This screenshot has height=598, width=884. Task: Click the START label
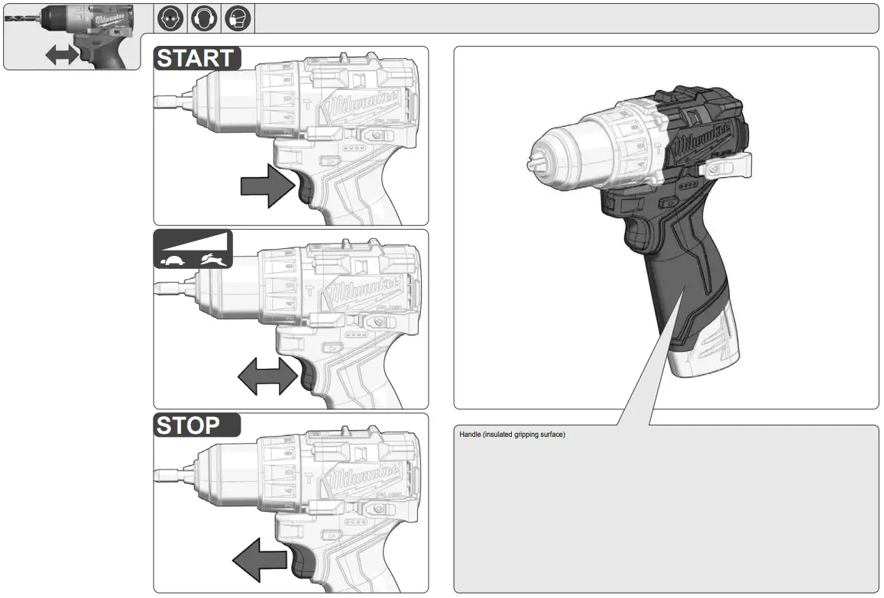point(197,58)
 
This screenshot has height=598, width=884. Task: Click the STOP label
point(189,425)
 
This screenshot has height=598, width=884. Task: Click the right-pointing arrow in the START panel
point(267,185)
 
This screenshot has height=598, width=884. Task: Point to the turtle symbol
point(171,260)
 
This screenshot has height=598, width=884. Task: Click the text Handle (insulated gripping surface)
point(512,435)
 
